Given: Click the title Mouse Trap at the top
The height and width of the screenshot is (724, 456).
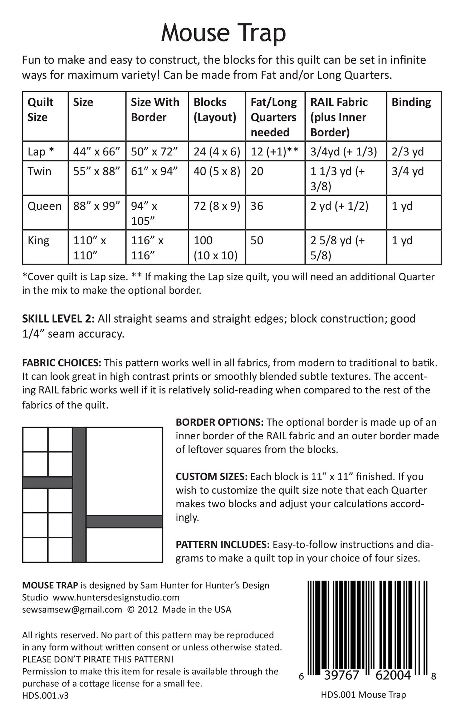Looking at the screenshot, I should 224,33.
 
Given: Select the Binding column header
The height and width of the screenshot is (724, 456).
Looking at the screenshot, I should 411,102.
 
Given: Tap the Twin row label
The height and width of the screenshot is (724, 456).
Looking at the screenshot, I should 39,171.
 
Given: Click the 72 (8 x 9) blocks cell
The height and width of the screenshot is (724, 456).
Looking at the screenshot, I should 216,206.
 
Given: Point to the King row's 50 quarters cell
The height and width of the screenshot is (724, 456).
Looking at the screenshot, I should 257,240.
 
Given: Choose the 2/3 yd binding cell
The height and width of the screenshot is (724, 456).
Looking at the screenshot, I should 407,152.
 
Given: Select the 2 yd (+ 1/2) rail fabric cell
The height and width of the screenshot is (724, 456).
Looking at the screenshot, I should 339,206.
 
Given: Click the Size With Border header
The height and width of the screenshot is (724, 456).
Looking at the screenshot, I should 155,110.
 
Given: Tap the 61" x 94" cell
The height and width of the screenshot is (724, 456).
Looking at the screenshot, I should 154,171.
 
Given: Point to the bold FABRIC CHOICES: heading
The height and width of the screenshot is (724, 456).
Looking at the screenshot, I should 62,363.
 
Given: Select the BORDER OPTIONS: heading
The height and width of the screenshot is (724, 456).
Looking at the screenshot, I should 220,422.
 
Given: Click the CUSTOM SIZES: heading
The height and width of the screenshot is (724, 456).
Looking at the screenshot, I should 211,476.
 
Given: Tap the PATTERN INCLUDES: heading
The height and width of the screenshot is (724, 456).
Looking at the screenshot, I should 222,544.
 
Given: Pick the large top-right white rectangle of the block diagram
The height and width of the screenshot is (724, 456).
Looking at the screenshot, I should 124,471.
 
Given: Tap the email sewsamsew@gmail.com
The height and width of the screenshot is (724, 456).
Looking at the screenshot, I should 72,609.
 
